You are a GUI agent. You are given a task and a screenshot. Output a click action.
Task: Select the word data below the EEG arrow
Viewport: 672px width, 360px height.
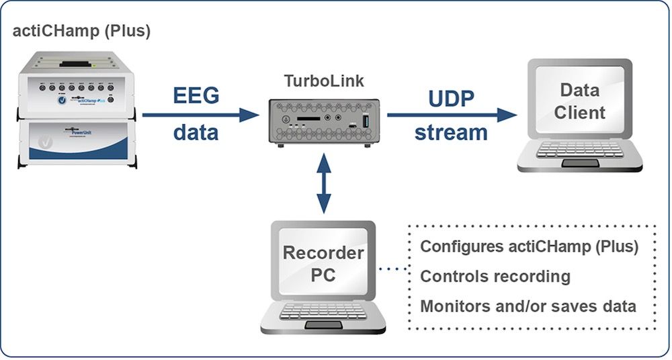(196, 132)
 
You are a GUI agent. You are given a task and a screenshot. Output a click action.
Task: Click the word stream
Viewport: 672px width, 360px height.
(451, 132)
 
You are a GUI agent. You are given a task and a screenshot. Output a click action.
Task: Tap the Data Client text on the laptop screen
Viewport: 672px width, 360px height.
(579, 100)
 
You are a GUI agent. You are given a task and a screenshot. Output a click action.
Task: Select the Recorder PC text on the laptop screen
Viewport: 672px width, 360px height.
(323, 264)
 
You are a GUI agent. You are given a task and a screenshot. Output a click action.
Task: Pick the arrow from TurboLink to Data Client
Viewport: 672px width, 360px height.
(452, 114)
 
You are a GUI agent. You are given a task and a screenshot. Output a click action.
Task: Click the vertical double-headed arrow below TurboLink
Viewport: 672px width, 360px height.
(325, 182)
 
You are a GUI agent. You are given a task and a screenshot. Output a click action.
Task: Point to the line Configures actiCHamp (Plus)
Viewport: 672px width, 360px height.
(529, 246)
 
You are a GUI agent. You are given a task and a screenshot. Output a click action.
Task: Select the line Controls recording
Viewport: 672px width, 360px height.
(495, 276)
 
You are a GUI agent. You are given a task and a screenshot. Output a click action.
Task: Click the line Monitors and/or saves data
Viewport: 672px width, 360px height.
(528, 306)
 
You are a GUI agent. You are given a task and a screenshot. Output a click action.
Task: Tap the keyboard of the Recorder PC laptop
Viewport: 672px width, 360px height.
(323, 312)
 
